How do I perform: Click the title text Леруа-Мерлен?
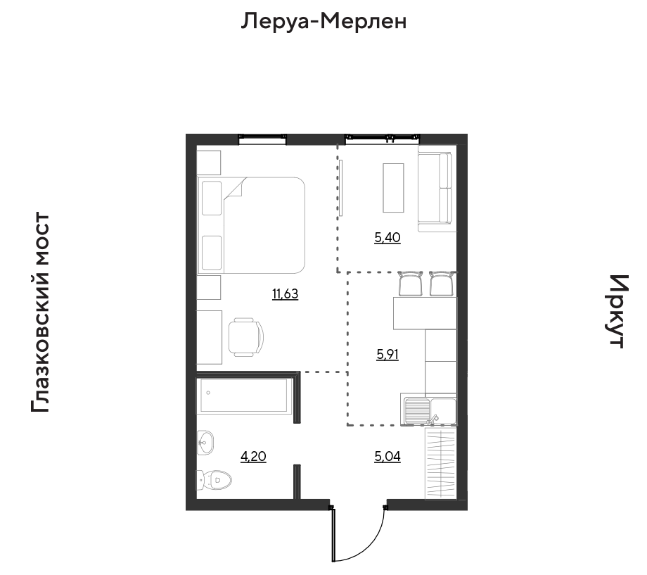[324, 21]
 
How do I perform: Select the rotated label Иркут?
[616, 311]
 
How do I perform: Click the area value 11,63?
[286, 294]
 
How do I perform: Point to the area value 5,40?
[387, 238]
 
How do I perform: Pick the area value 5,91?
[387, 355]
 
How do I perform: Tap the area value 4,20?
[253, 457]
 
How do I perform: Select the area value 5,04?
[387, 457]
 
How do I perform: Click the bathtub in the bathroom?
[244, 396]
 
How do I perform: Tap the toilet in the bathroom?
[215, 481]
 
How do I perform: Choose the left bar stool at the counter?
[411, 284]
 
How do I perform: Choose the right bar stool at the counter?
[441, 284]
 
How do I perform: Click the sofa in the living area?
[436, 190]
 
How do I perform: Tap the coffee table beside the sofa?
[393, 187]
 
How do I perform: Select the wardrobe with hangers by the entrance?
[442, 465]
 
